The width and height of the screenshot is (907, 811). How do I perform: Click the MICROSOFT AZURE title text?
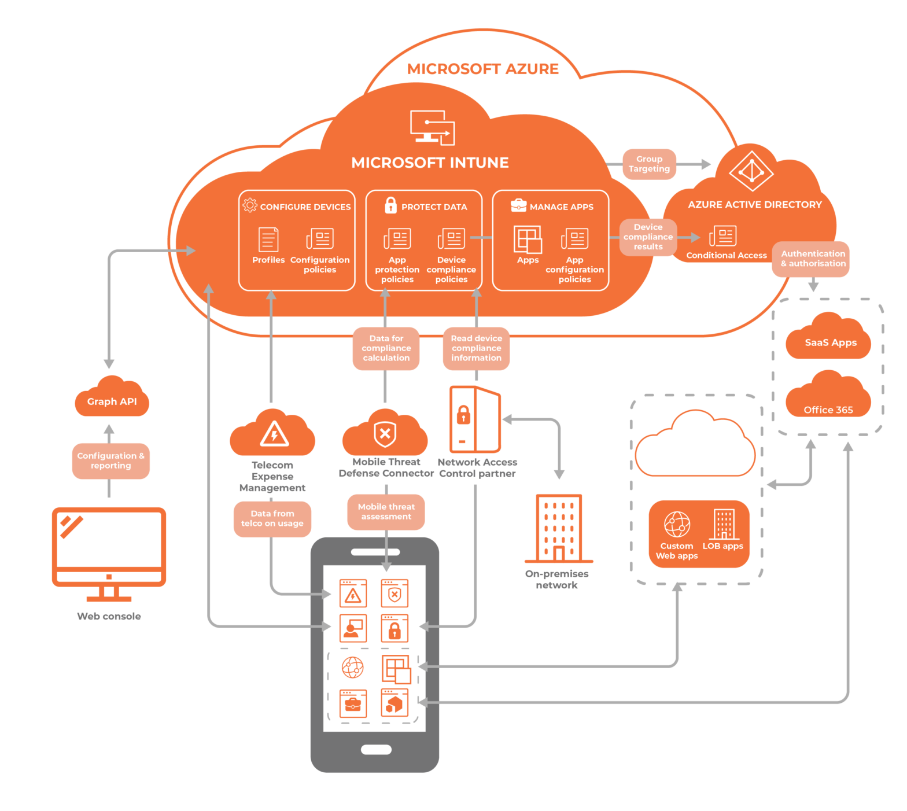pos(482,69)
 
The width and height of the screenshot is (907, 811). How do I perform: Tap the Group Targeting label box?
pos(649,164)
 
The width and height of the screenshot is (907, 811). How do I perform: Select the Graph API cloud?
pos(112,399)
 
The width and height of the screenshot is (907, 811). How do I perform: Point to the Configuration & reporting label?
pos(110,460)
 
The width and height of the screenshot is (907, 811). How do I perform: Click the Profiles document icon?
pos(268,239)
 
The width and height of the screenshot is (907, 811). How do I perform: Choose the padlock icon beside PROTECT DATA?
pos(391,205)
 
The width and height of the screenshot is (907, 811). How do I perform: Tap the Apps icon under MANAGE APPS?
pos(528,239)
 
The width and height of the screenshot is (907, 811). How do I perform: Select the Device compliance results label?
pos(648,237)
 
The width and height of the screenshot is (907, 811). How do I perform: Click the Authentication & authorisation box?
pos(812,259)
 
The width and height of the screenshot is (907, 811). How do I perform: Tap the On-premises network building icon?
pos(558,528)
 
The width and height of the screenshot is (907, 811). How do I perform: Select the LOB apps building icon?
pos(724,524)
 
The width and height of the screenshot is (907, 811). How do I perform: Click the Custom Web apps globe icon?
pos(677,525)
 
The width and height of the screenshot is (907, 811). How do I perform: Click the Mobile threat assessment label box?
pos(386,511)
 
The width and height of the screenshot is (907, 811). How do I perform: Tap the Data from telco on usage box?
pos(272,518)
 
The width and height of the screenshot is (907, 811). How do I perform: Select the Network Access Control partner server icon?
pos(475,419)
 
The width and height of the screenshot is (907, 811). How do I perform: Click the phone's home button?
pos(376,750)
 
